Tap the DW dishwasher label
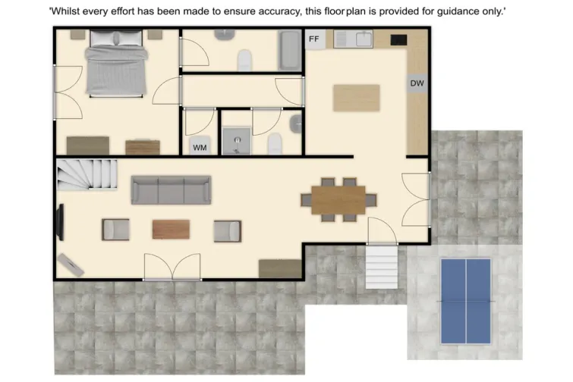(x=417, y=84)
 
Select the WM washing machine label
(x=200, y=147)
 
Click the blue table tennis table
(x=465, y=299)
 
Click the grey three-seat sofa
(x=171, y=189)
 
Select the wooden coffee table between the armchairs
(x=171, y=229)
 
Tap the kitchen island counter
(x=357, y=99)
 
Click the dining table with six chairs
(x=338, y=199)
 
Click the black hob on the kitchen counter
(x=398, y=39)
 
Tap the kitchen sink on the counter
(x=363, y=38)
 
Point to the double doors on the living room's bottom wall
(x=172, y=268)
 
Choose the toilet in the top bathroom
(x=246, y=59)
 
